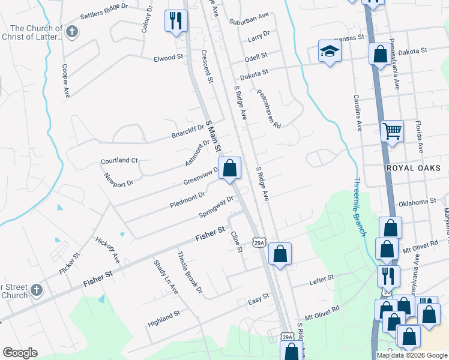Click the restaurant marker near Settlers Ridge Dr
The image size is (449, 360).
click(x=176, y=22)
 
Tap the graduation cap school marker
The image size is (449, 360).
click(x=330, y=52)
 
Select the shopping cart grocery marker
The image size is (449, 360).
click(x=392, y=130)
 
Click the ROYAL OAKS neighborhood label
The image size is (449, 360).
click(x=414, y=168)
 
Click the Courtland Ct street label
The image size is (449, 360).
click(x=119, y=161)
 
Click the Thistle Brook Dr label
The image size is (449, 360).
click(x=189, y=273)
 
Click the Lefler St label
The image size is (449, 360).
click(x=321, y=278)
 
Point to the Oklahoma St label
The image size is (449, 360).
click(x=417, y=202)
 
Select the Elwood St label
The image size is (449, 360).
click(x=168, y=58)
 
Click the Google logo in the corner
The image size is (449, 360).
click(x=20, y=353)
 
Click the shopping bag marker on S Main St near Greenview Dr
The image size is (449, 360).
click(x=229, y=169)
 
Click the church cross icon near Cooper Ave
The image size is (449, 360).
click(x=72, y=32)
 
